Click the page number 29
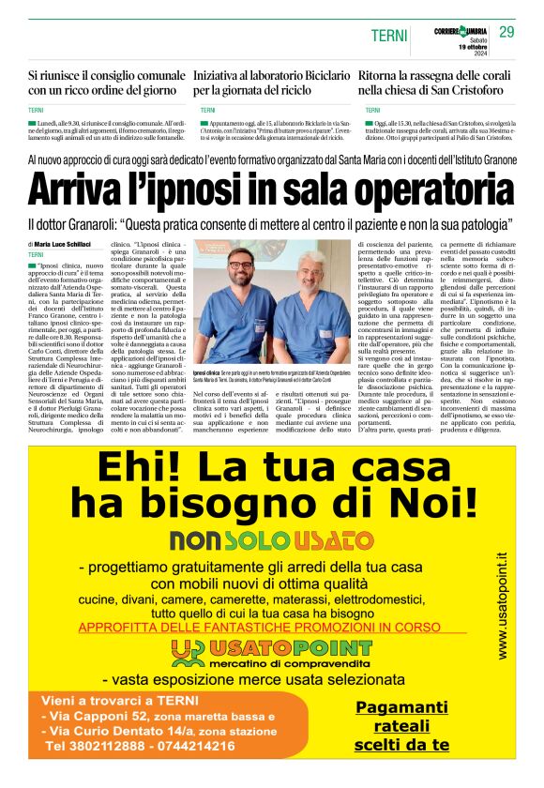[507, 33]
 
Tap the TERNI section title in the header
[387, 35]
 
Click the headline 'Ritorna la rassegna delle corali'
[435, 82]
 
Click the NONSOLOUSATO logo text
[271, 539]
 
